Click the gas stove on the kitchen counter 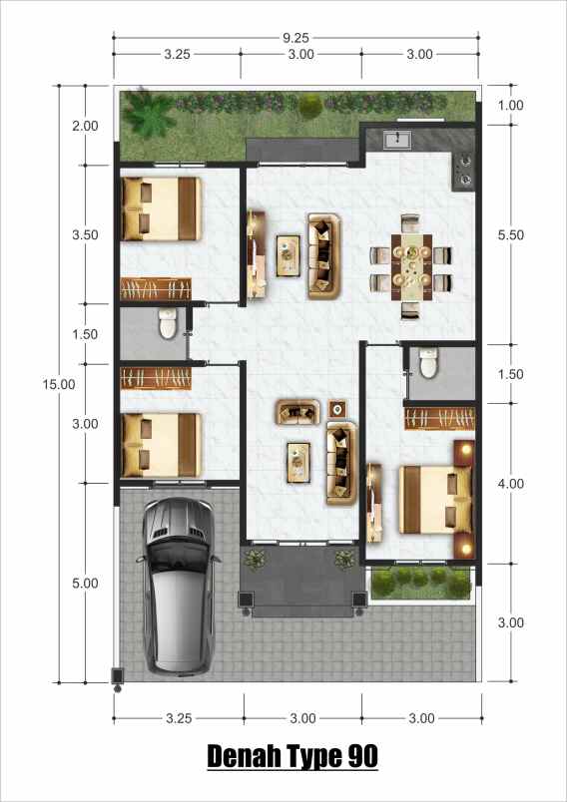(464, 169)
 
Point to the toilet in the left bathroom (168, 324)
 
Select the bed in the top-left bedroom (160, 209)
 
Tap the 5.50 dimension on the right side (510, 235)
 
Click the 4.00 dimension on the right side (510, 484)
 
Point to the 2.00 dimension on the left (86, 126)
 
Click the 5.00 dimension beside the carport (86, 583)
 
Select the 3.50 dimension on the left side (86, 235)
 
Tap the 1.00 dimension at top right (510, 106)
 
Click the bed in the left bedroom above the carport (160, 445)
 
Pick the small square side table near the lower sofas (337, 409)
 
